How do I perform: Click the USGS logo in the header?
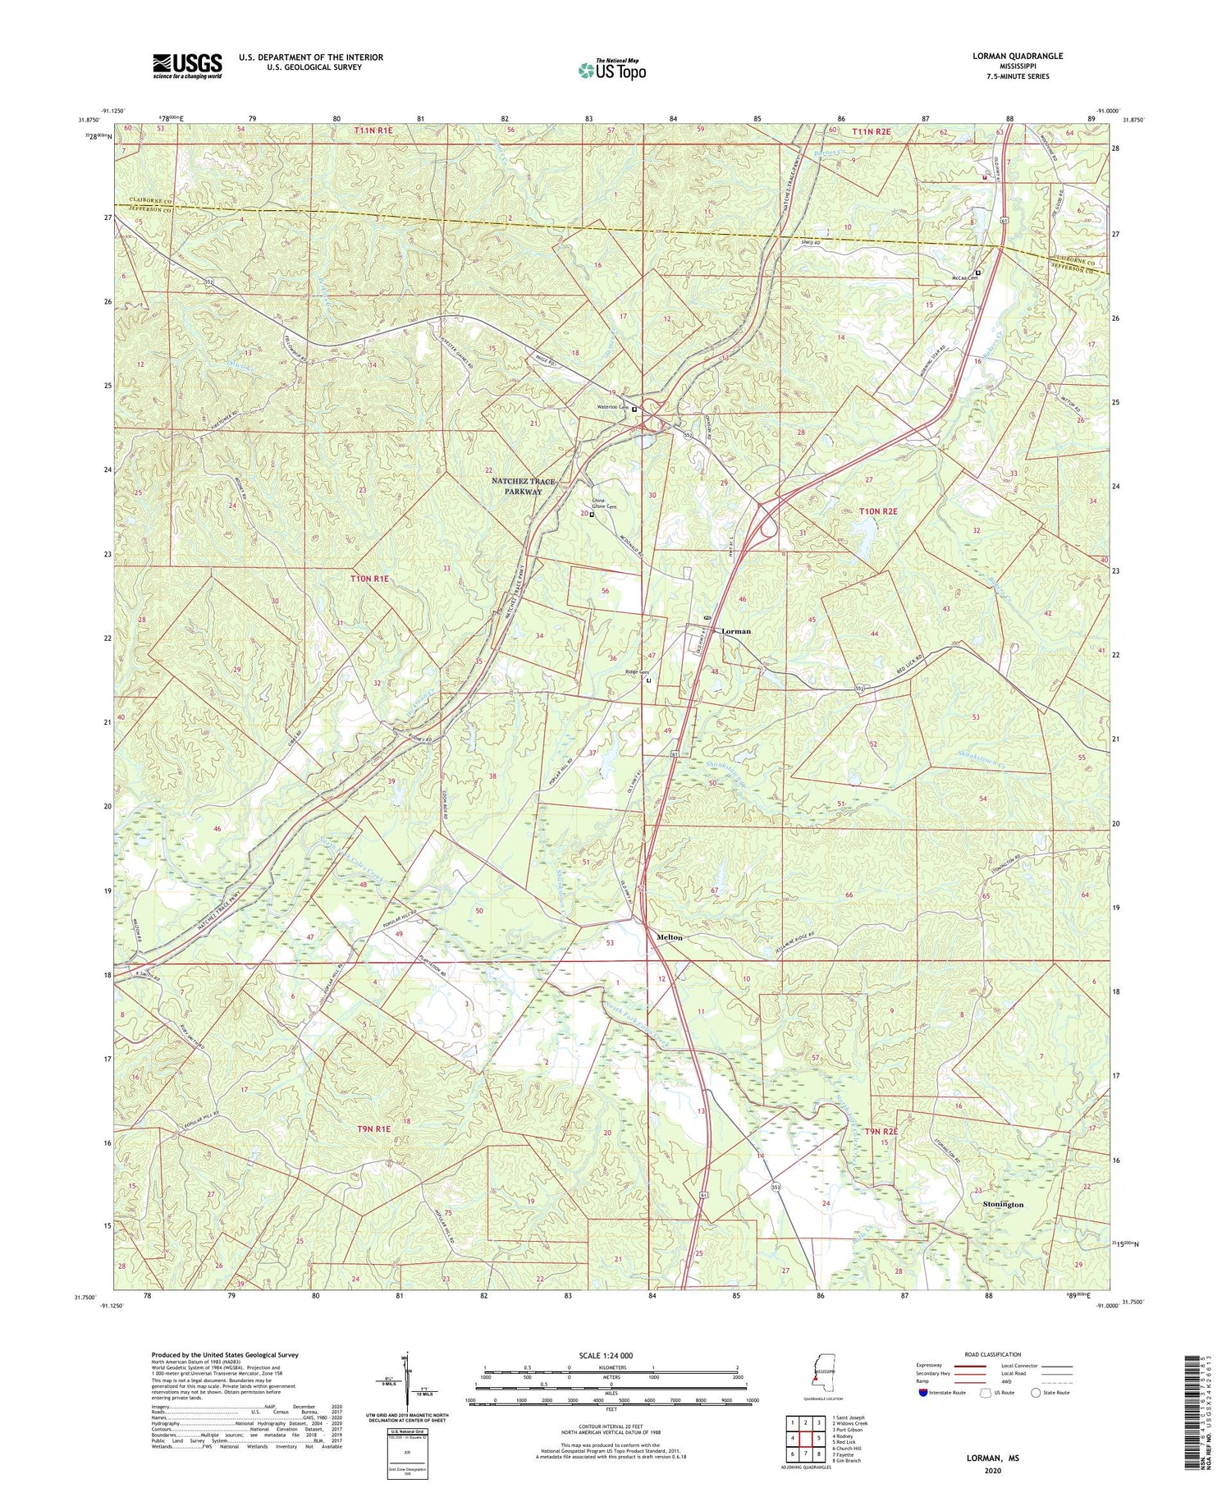coord(187,66)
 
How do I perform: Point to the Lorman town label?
coord(735,631)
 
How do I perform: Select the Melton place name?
coord(669,936)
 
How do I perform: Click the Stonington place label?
coord(1003,1204)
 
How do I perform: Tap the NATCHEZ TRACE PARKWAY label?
coord(517,486)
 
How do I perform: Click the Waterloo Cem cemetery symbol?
coord(634,409)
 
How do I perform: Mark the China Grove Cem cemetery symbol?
coord(592,515)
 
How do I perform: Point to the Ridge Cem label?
coord(637,672)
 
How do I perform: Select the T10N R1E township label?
coord(369,579)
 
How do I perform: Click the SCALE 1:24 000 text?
coord(611,1355)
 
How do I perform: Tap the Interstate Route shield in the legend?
coord(923,1392)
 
